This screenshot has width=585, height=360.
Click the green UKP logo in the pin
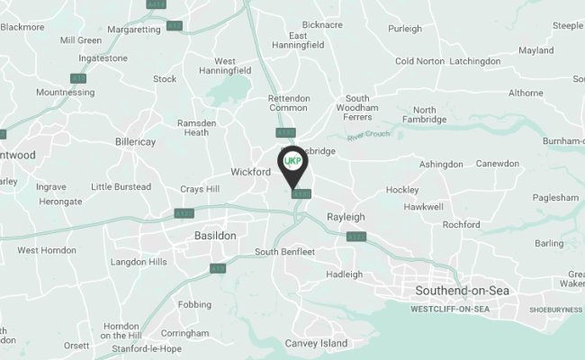point(292,161)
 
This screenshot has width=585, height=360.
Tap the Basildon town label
point(215,235)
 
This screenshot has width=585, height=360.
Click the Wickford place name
point(250,171)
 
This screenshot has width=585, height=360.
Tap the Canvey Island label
point(315,344)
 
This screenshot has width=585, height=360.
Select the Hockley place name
point(401,190)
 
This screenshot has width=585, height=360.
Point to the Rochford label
point(462,224)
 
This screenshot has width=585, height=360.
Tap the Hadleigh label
point(344,274)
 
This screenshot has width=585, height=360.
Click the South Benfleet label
point(284,252)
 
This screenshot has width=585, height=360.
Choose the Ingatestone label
point(104,58)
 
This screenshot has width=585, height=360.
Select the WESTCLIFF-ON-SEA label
point(449,310)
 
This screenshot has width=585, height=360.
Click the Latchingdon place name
point(474,61)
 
